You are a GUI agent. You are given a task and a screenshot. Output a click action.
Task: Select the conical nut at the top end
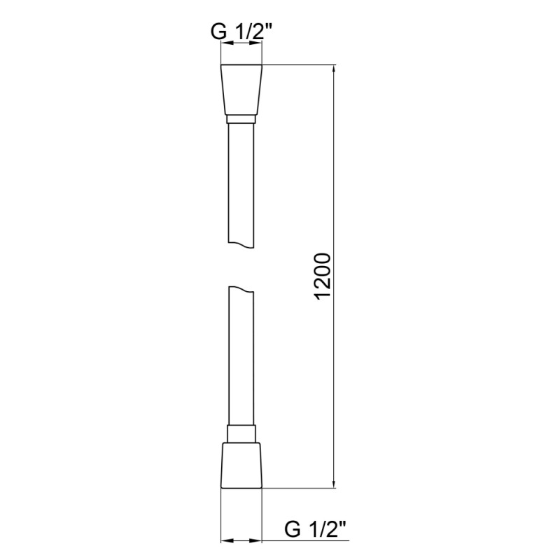(241, 90)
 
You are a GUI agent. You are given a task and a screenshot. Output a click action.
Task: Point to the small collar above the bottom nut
(241, 433)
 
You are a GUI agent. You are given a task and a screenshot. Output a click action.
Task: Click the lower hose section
(241, 357)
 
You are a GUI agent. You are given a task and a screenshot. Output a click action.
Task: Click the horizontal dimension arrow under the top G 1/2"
(241, 43)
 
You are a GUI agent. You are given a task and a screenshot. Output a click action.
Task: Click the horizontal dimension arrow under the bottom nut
(241, 541)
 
